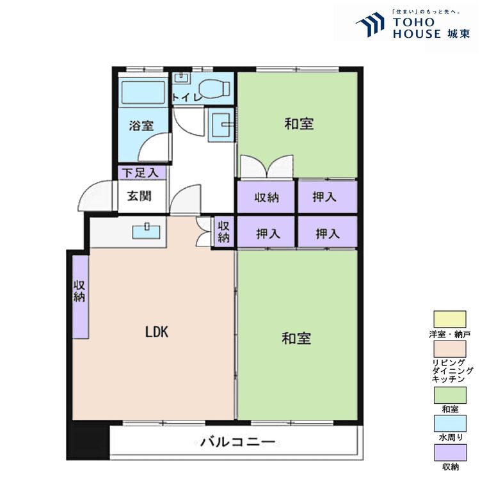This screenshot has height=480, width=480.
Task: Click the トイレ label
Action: (187, 98)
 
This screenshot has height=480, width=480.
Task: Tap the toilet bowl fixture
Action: (215, 88)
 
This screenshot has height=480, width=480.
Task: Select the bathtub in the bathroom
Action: (143, 92)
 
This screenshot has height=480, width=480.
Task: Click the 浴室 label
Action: (141, 125)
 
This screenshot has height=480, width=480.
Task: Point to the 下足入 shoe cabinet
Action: (142, 173)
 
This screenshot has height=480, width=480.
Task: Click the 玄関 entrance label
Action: (140, 196)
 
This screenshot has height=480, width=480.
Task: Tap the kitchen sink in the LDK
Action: (147, 232)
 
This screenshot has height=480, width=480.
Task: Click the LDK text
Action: (157, 332)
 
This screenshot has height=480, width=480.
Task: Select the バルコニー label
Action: (238, 442)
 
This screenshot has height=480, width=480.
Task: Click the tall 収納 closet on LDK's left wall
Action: (81, 297)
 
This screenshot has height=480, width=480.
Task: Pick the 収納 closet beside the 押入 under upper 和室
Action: (266, 197)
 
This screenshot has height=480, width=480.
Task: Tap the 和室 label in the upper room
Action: (299, 124)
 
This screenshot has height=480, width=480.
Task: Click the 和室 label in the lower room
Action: (296, 339)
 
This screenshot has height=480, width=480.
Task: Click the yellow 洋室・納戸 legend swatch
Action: (450, 319)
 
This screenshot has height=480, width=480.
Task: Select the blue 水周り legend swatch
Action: (451, 424)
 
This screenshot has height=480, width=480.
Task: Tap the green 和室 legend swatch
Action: (450, 396)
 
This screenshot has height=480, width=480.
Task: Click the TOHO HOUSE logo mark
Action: (371, 24)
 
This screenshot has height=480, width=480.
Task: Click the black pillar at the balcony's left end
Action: (88, 440)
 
